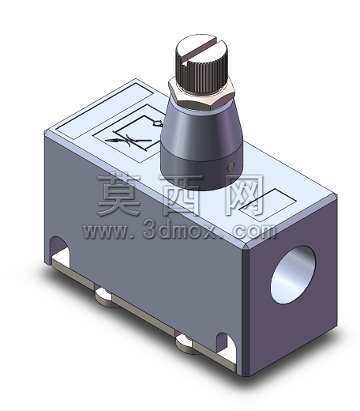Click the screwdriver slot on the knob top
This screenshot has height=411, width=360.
(201, 51)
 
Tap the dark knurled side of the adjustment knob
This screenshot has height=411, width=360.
(201, 77)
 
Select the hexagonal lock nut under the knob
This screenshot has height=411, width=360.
(201, 95)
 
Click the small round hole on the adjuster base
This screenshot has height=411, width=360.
(231, 167)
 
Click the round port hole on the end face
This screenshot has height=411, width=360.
(293, 274)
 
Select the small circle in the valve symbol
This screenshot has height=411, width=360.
(157, 123)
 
